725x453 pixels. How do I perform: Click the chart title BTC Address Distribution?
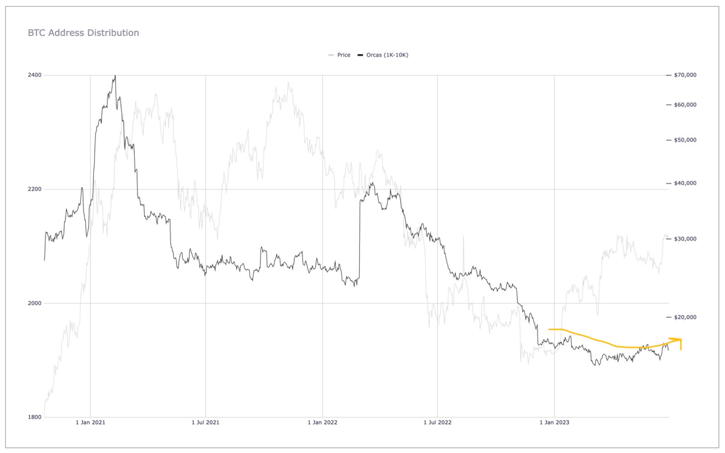83,33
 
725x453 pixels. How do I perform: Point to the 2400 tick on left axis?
34,75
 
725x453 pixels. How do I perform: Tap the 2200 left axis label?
34,189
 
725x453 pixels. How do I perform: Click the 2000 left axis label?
34,303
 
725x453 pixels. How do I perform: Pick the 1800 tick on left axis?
34,417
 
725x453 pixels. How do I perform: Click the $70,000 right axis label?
685,75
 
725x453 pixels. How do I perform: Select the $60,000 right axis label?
685,105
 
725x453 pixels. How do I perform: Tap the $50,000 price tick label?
685,140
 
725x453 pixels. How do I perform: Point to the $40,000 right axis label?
685,183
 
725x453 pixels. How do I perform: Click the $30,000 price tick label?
685,239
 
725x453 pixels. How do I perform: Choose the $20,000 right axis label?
685,317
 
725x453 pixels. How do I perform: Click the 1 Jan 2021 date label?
90,423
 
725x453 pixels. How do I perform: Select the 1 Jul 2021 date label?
205,423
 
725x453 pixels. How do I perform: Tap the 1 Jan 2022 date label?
322,423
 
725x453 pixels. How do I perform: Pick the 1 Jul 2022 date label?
437,423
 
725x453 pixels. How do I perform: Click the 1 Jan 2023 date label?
554,423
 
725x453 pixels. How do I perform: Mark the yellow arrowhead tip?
681,339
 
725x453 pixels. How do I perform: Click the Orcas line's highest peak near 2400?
115,76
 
